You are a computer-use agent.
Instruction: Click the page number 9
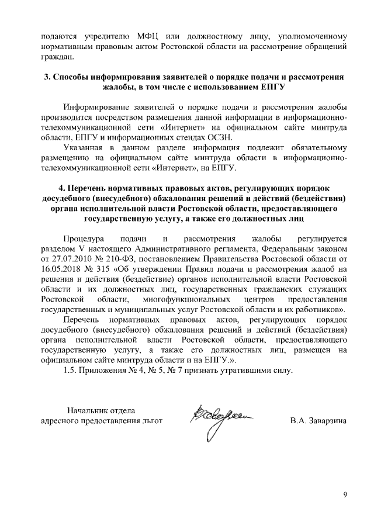(345, 496)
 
